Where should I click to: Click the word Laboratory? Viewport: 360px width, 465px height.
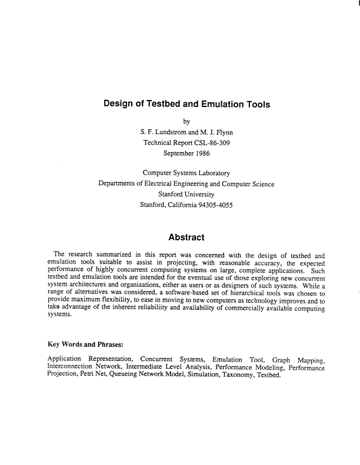click(211, 173)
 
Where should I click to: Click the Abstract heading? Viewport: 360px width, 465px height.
click(186, 237)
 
